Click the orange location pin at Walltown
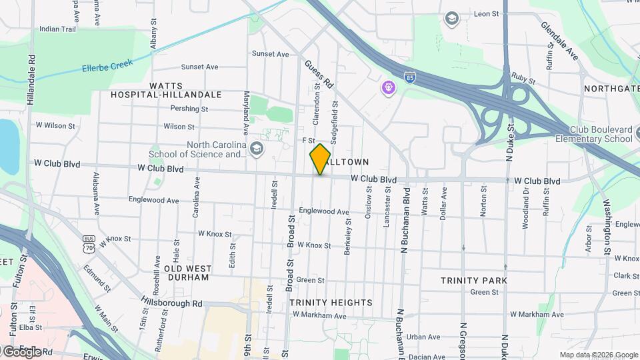320,159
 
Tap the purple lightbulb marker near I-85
388,87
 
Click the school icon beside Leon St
452,18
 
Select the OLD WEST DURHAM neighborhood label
187,273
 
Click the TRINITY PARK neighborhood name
473,281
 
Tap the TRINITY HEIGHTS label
331,303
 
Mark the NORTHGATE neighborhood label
611,89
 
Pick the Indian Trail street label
58,29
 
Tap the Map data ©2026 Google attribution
598,355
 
